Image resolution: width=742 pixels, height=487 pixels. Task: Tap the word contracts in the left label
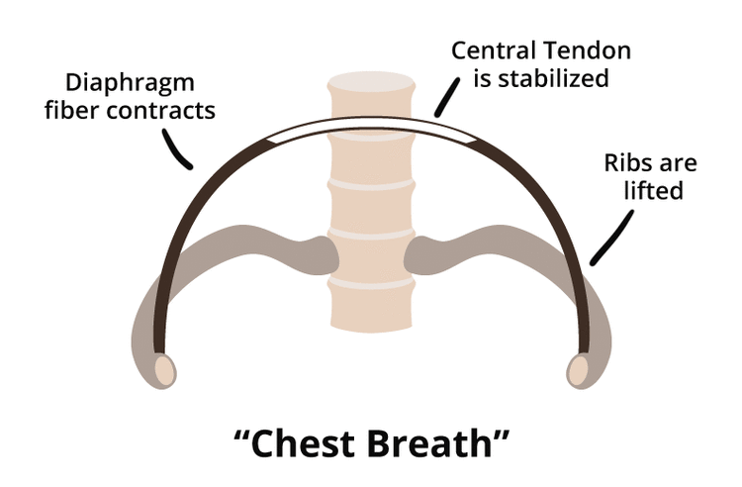[170, 109]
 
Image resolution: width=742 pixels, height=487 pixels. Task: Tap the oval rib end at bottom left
[165, 371]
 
